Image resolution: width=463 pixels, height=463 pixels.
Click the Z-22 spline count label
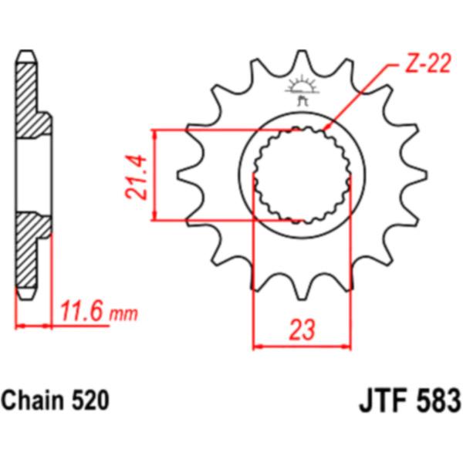click(428, 63)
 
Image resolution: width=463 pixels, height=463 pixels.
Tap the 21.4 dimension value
click(136, 177)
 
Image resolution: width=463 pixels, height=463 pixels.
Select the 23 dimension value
click(302, 329)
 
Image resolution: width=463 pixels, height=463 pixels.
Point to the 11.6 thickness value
click(81, 311)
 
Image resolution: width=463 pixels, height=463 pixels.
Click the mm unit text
click(123, 314)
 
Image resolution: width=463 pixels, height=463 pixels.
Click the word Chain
click(32, 400)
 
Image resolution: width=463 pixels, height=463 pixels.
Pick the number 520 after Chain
click(90, 400)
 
